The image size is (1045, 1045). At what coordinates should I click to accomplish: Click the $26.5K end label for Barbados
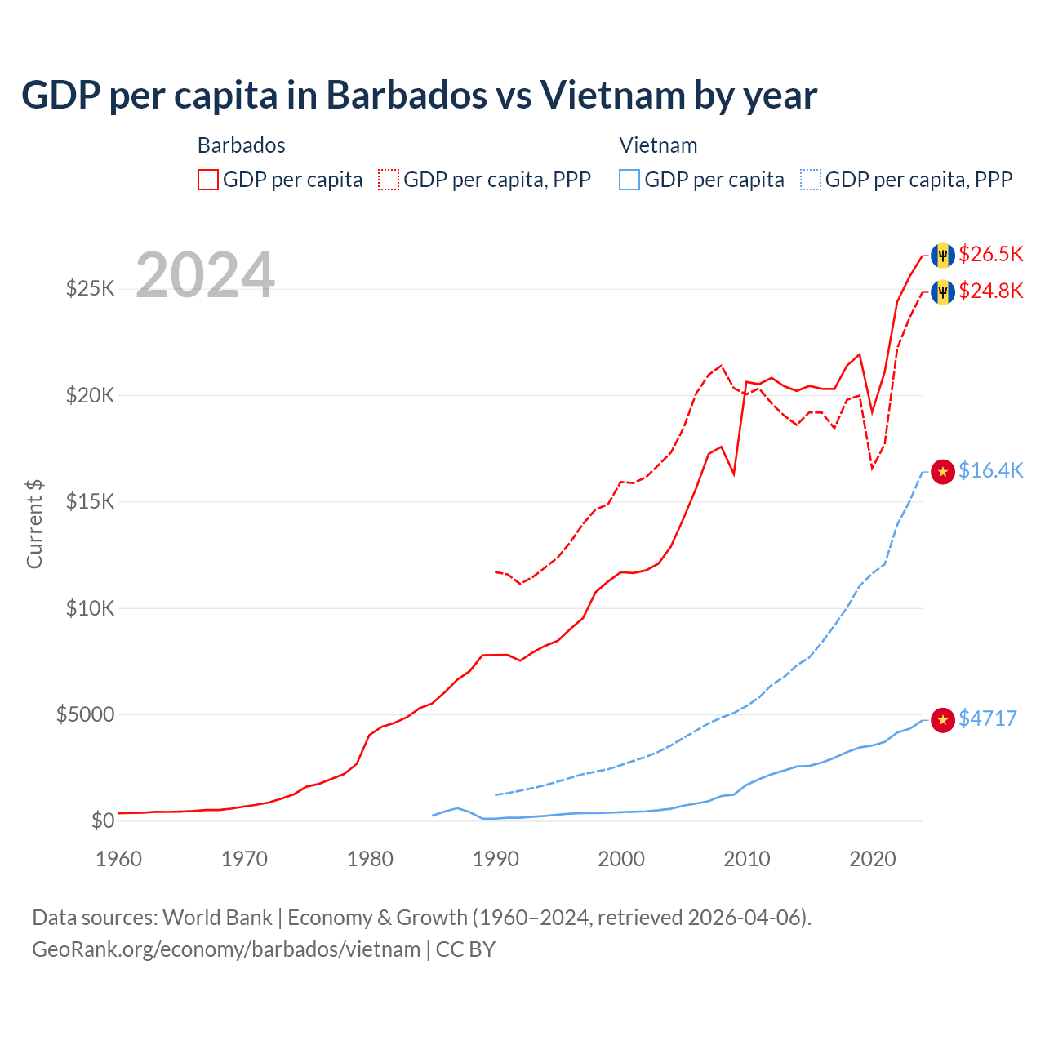[x=990, y=254]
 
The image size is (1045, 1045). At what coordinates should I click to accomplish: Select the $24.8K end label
[x=990, y=291]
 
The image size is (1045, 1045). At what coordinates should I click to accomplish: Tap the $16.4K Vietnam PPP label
[x=990, y=470]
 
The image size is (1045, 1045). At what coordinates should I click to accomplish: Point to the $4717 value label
[x=987, y=718]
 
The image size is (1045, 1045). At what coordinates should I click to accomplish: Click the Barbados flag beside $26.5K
[x=943, y=255]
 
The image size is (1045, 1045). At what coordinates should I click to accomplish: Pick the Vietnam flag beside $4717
[x=943, y=719]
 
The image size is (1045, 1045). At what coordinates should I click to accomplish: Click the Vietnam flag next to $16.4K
[x=943, y=471]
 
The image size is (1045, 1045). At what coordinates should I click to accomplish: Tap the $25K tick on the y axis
[x=91, y=288]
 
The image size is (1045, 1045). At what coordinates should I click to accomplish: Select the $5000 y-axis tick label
[x=85, y=714]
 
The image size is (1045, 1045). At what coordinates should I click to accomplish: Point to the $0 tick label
[x=102, y=820]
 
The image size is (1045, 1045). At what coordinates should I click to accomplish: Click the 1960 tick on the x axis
[x=119, y=859]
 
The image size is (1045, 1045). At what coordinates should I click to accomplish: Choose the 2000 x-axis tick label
[x=621, y=859]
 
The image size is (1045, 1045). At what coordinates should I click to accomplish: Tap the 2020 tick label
[x=873, y=859]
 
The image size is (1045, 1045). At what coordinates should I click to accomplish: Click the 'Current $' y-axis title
[x=34, y=523]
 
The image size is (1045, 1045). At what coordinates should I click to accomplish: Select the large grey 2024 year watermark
[x=205, y=275]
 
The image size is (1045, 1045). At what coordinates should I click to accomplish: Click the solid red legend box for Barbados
[x=208, y=180]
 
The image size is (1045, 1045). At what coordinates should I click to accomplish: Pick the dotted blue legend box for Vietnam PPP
[x=811, y=180]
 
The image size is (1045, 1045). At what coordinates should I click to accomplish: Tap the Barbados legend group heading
[x=242, y=145]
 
